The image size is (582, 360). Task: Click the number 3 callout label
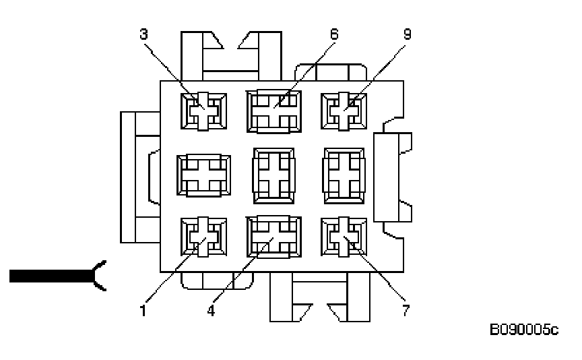143,34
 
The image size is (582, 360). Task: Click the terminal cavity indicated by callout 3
204,110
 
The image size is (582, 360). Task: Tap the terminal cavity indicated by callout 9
344,110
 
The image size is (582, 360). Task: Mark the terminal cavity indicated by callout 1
204,238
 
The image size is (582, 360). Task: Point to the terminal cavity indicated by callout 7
344,238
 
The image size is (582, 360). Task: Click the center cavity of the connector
274,174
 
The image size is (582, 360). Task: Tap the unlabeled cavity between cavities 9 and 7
344,174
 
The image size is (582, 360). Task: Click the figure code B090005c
524,331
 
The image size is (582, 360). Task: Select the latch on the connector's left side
138,177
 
